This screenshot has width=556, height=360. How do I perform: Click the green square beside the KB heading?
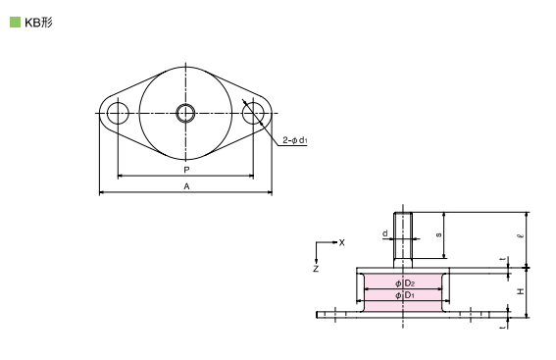(x=15, y=21)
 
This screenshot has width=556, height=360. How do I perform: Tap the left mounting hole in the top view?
(x=118, y=113)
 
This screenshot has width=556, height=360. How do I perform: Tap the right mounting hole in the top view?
(x=254, y=113)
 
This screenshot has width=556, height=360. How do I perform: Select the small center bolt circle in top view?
(x=185, y=113)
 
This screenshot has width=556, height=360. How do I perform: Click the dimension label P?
(x=186, y=170)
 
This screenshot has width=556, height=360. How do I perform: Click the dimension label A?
(x=186, y=186)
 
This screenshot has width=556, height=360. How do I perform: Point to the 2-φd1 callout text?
(x=295, y=140)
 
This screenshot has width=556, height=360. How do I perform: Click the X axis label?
(x=341, y=241)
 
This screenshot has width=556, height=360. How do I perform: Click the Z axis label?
(x=316, y=267)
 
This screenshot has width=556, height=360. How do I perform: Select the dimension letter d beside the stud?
(x=385, y=233)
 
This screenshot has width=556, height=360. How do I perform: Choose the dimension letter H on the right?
(x=521, y=291)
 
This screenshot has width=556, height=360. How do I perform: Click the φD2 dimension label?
(x=403, y=283)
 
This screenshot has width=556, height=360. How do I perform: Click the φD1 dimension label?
(x=403, y=295)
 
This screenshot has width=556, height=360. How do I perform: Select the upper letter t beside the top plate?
(x=502, y=260)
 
